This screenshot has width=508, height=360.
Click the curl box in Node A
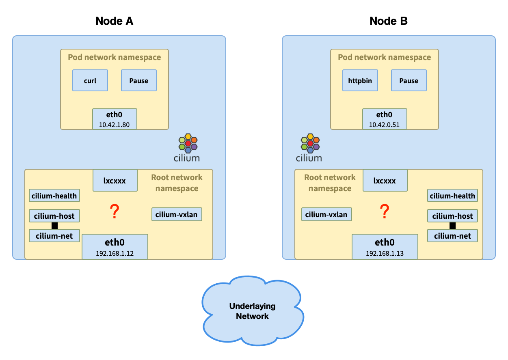tap(90, 80)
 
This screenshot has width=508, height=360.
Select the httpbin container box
tap(360, 80)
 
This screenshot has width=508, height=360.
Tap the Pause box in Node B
tap(409, 80)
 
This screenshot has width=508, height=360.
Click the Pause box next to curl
tap(139, 80)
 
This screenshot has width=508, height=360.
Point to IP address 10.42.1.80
tap(114, 125)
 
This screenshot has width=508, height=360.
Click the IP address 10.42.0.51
tap(384, 125)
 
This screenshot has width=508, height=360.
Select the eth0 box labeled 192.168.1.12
tap(115, 246)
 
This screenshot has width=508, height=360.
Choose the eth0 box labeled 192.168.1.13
tap(385, 246)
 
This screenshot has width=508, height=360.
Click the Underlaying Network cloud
tap(253, 311)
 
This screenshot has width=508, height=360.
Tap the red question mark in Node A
tap(115, 212)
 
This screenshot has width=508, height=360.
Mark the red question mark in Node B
tap(384, 211)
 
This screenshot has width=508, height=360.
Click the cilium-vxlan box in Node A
tap(177, 214)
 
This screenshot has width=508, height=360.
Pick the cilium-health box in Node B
tap(452, 196)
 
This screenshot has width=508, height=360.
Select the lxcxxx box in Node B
tap(385, 180)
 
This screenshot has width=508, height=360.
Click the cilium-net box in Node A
tap(54, 235)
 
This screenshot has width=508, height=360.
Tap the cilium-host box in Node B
tap(452, 216)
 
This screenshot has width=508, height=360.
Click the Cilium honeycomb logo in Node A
tap(188, 143)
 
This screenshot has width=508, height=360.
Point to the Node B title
tap(389, 21)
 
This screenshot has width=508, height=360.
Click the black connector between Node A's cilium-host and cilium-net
tap(54, 226)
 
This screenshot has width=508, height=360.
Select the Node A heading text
tap(115, 21)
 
